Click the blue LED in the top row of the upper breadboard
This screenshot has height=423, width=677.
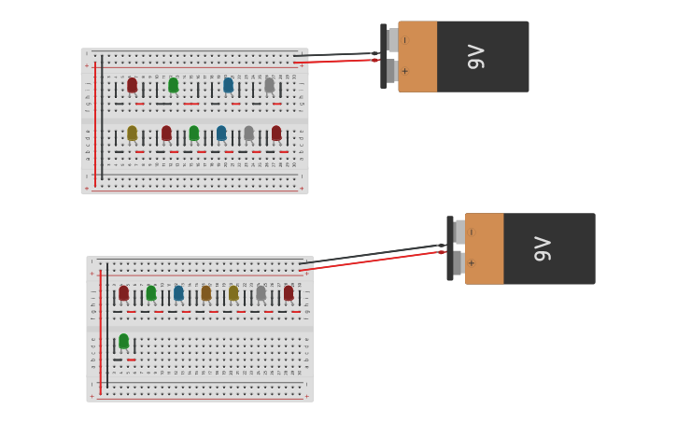click(x=228, y=85)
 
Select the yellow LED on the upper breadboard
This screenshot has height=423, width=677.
click(x=132, y=134)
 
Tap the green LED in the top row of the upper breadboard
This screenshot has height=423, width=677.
click(x=173, y=85)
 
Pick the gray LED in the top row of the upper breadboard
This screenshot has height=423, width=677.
click(x=269, y=85)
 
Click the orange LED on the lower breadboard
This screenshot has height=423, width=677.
click(x=206, y=293)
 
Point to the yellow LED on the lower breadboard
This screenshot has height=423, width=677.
click(x=233, y=293)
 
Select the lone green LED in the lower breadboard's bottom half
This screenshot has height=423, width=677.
click(x=123, y=341)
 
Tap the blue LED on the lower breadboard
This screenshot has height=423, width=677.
click(x=178, y=293)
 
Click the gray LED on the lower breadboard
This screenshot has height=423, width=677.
click(x=261, y=293)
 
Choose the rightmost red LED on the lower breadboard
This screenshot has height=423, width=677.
click(x=289, y=293)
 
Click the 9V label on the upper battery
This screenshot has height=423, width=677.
click(x=476, y=56)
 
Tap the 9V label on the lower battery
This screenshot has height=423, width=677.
click(x=543, y=248)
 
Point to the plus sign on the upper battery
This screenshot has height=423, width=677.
click(x=404, y=71)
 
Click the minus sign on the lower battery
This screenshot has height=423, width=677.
click(x=471, y=232)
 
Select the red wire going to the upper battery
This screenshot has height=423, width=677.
click(x=336, y=62)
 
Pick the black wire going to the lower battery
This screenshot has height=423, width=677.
click(x=374, y=253)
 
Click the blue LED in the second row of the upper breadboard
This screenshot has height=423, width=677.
click(x=221, y=134)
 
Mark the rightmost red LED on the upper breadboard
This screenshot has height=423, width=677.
click(x=276, y=134)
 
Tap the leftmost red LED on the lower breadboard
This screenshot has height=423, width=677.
click(x=123, y=293)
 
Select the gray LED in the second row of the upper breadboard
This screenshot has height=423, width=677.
click(x=248, y=134)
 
